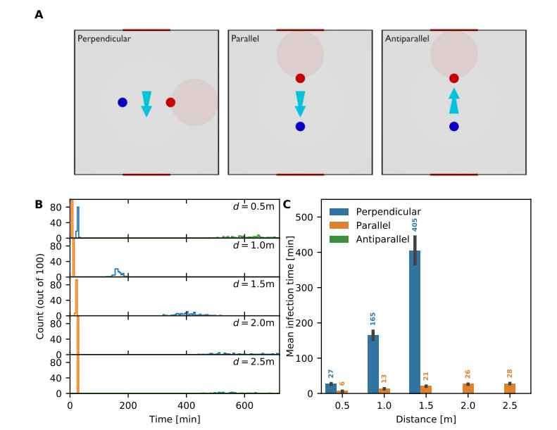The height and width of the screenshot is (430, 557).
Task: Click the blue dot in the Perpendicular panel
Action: coord(123,102)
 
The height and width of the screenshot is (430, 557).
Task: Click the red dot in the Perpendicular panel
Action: coord(170,102)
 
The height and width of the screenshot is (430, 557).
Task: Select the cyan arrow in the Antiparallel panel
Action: coord(454,101)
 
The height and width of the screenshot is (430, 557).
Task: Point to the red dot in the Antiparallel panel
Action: coord(454,78)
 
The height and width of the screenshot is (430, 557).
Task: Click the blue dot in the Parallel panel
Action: coord(301,127)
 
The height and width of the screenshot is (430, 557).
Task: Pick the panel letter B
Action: coord(39,205)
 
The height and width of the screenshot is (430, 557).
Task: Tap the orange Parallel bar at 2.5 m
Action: coord(511,388)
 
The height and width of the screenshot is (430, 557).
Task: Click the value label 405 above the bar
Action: coord(415,225)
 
